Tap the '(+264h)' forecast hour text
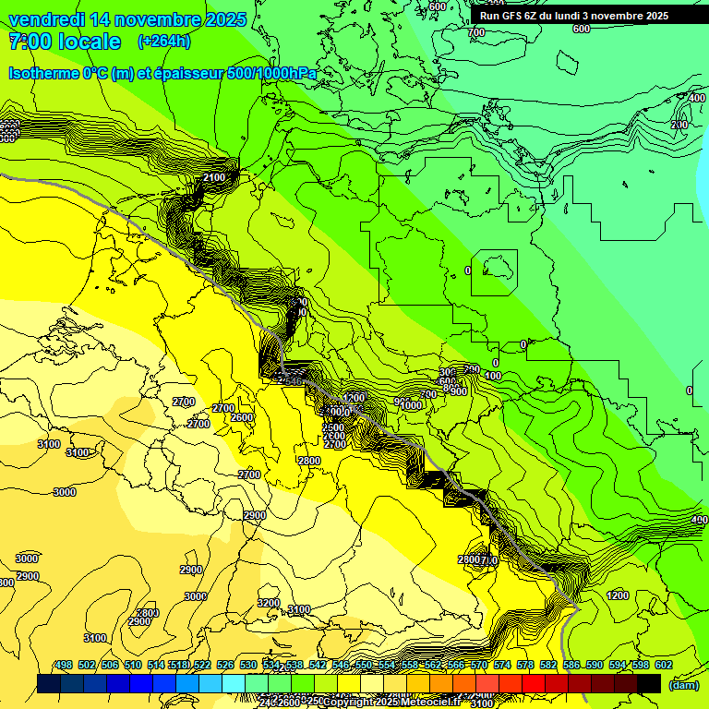point(164,41)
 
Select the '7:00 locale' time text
point(65,42)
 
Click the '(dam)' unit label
point(683,684)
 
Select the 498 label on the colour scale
point(64,665)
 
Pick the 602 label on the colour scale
point(663,665)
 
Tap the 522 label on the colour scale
point(201,665)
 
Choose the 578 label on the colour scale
point(524,665)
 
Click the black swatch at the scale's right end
point(649,683)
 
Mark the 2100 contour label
point(214,177)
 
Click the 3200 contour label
point(268,603)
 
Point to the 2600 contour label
point(242,417)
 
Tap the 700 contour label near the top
point(475,32)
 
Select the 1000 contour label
point(411,405)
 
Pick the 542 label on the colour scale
point(317,665)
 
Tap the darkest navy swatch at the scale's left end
point(49,683)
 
